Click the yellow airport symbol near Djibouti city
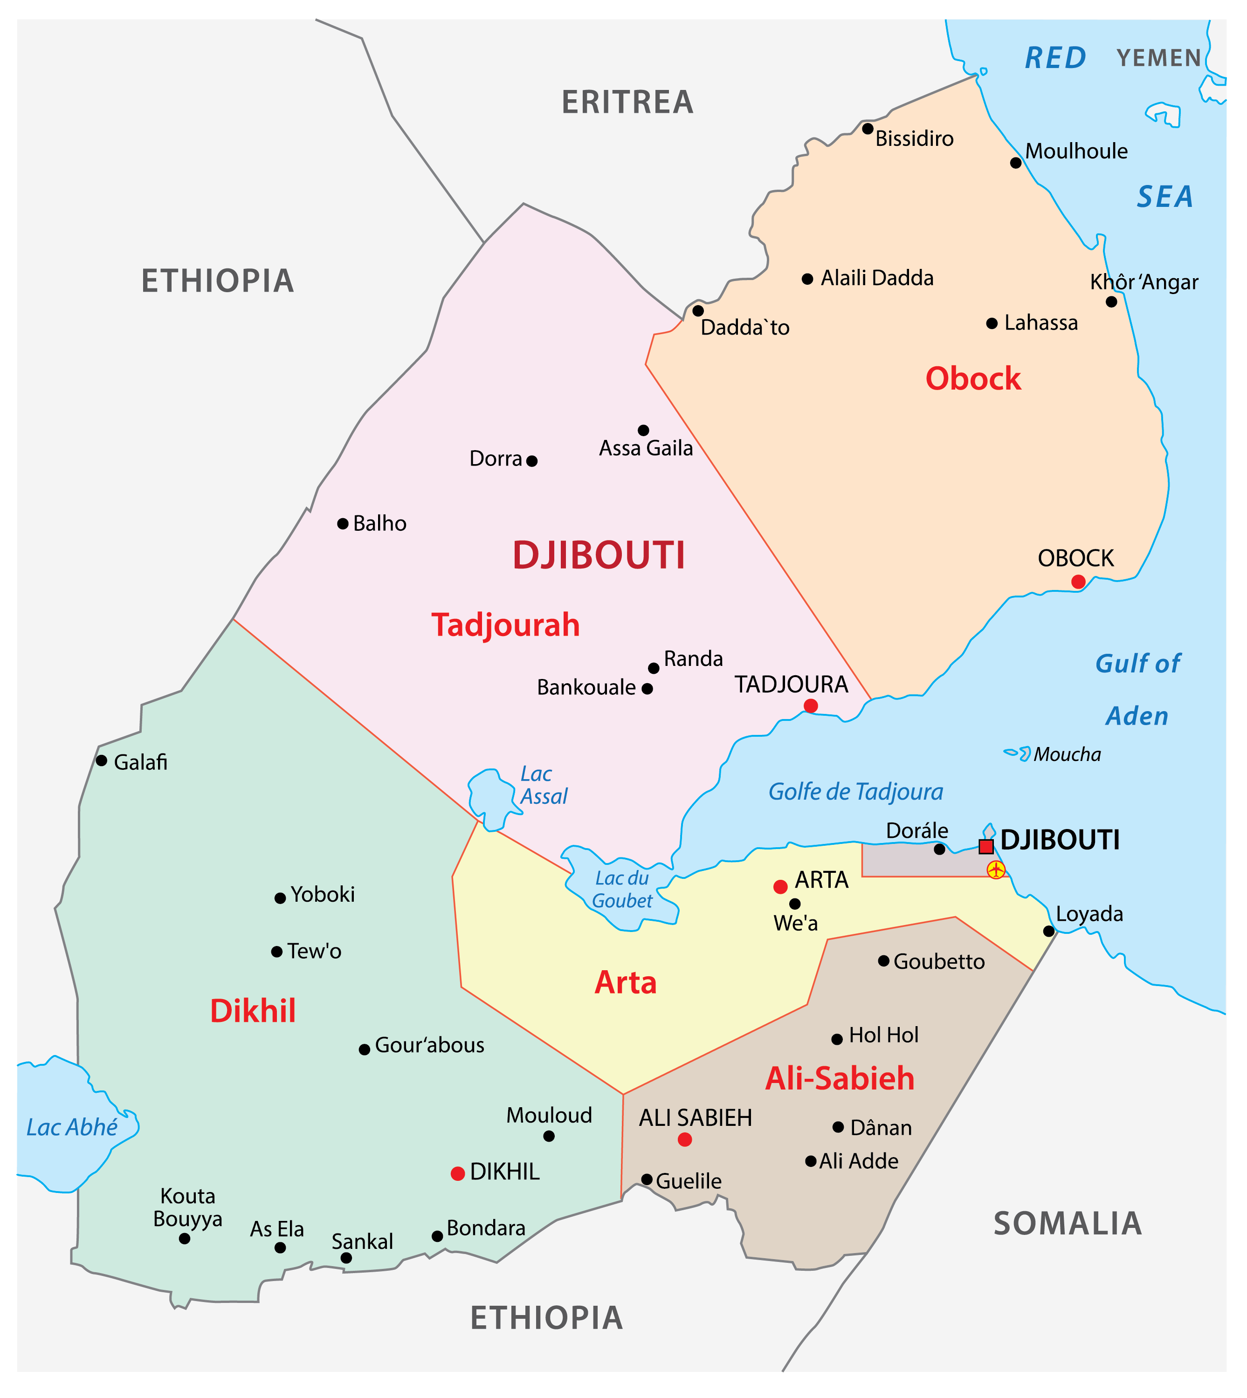click(996, 870)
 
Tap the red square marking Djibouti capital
click(986, 847)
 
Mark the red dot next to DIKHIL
click(458, 1173)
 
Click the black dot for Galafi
click(102, 761)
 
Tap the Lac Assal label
click(544, 785)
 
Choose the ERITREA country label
click(627, 103)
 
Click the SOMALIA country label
click(1068, 1224)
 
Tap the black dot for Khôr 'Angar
click(1111, 302)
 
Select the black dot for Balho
click(343, 524)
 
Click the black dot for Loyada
click(1049, 931)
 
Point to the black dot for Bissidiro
click(868, 129)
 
